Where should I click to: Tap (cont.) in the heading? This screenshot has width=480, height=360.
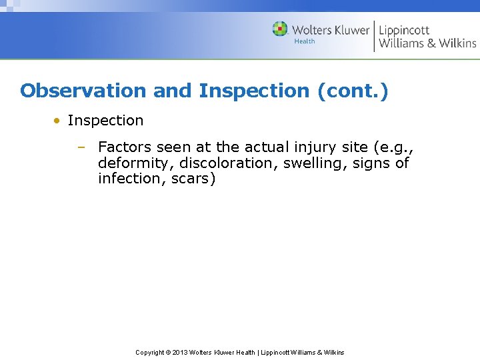353,91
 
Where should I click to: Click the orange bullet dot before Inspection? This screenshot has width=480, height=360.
58,121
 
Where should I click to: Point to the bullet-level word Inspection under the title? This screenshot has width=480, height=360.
105,121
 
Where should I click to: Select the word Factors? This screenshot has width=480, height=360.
125,147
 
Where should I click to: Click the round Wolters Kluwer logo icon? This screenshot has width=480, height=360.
280,29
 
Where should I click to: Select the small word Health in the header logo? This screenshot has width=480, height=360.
305,41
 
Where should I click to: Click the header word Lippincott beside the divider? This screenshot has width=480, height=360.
404,30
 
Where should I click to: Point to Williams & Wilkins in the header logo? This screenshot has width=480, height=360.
427,44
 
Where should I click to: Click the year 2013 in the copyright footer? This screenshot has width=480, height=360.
180,353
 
